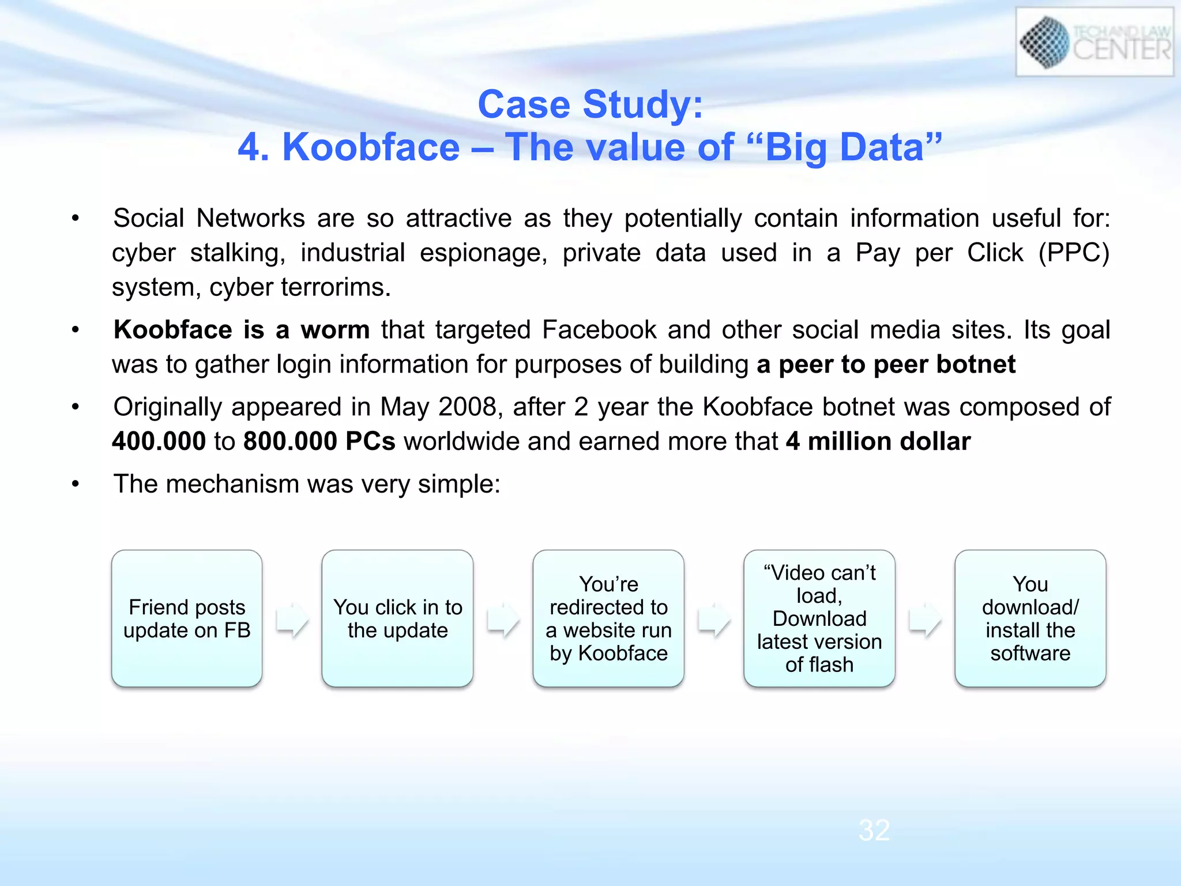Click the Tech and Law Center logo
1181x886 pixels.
pos(1094,42)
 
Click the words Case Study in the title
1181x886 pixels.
pos(590,104)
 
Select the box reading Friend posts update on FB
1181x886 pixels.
pos(187,618)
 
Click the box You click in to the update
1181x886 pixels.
pos(397,618)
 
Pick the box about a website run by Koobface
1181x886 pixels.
pos(608,618)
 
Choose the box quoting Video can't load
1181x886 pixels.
pos(819,618)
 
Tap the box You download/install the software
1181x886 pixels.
pos(1030,618)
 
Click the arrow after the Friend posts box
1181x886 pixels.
pos(292,620)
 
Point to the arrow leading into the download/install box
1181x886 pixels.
pos(924,620)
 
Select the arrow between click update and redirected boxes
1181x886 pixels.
pos(503,620)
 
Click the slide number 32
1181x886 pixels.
pos(874,831)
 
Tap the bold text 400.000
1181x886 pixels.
pos(159,441)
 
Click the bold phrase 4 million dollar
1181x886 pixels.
pos(878,441)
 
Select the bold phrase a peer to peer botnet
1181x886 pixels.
pos(886,365)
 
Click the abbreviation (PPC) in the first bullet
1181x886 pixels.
pos(1073,253)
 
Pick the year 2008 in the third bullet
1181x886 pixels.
pos(467,407)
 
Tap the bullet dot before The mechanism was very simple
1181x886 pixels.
pos(75,484)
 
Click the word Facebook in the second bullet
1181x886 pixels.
pos(599,330)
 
